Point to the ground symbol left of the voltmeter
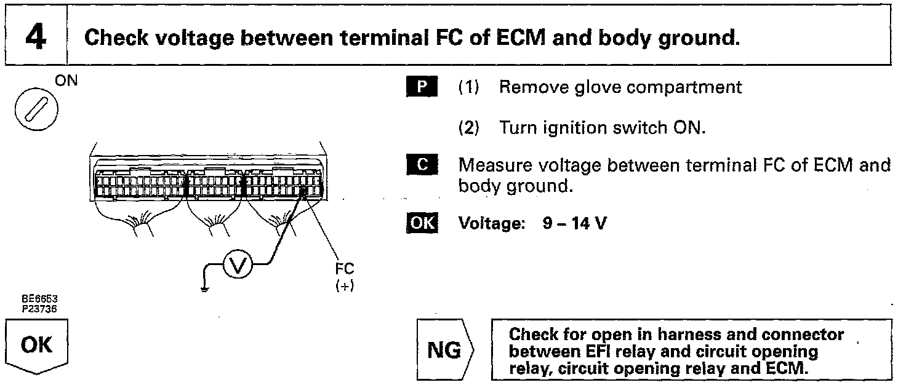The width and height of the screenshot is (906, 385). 204,285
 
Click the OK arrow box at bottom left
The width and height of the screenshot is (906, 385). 36,346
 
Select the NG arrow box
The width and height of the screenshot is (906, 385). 444,351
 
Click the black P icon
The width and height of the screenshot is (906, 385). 421,87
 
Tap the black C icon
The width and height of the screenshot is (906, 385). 421,165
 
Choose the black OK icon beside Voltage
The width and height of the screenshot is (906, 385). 421,223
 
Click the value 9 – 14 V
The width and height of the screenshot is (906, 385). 574,223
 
